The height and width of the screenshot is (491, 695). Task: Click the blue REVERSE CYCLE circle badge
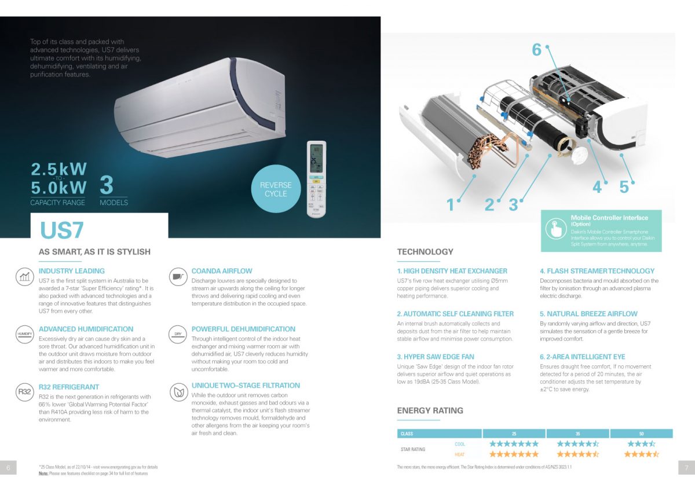276,189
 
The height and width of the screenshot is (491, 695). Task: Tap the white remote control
316,179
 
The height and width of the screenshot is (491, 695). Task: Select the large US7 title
62,230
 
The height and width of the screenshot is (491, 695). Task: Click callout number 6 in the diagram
537,50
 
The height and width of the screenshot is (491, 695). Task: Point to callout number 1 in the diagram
451,204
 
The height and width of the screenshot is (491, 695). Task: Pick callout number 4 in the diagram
597,187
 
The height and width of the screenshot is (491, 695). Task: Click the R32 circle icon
24,392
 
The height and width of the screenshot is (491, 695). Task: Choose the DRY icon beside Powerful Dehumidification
178,334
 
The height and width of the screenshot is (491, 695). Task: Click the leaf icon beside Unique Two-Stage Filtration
178,391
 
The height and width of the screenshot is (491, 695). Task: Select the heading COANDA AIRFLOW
222,271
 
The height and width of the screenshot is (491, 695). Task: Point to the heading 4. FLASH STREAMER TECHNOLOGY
597,271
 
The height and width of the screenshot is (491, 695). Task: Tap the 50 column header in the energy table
641,434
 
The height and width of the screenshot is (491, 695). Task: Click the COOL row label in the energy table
460,444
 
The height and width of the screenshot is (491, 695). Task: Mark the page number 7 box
686,467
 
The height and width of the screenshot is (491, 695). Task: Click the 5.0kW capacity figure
58,188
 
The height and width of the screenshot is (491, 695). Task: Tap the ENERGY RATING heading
430,411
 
